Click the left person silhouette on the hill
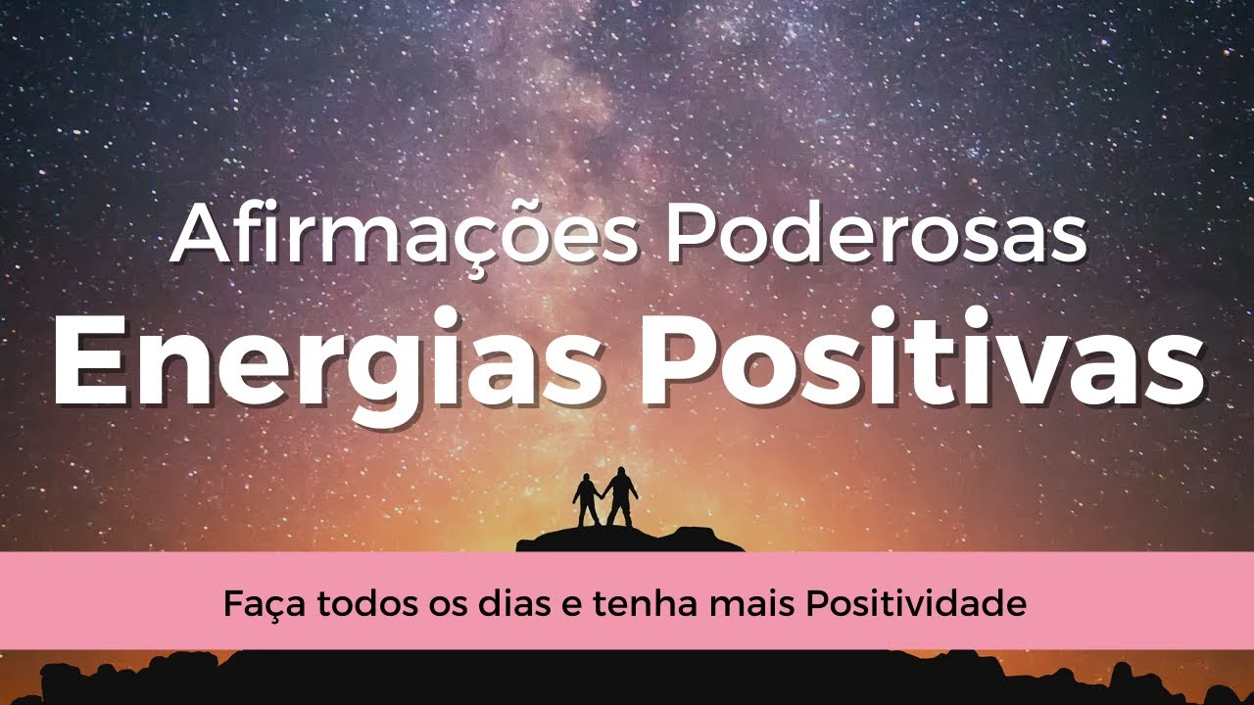click(586, 499)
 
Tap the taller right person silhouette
click(620, 495)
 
